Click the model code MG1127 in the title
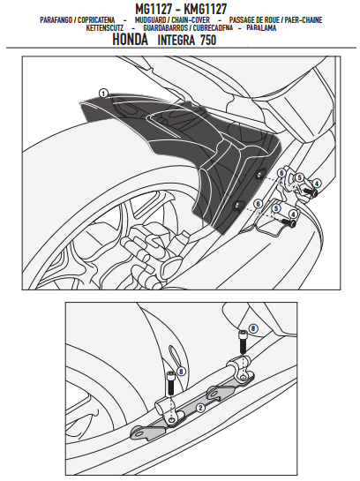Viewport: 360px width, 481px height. (x=154, y=9)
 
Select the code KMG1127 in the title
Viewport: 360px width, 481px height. (x=205, y=9)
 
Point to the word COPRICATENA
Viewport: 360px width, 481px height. (x=96, y=20)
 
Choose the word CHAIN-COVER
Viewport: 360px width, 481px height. (x=191, y=20)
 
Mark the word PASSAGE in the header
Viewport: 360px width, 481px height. (x=242, y=20)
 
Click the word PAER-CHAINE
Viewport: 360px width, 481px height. (x=304, y=20)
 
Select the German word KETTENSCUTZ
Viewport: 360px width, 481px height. (x=105, y=28)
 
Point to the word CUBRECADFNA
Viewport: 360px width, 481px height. (x=213, y=28)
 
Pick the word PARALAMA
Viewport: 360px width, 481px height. (x=261, y=28)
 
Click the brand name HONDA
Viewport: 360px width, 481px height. (x=131, y=40)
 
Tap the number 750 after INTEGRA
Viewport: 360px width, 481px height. (x=208, y=41)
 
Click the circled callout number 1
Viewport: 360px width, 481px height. (x=103, y=94)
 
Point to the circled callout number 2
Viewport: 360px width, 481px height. (x=200, y=408)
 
